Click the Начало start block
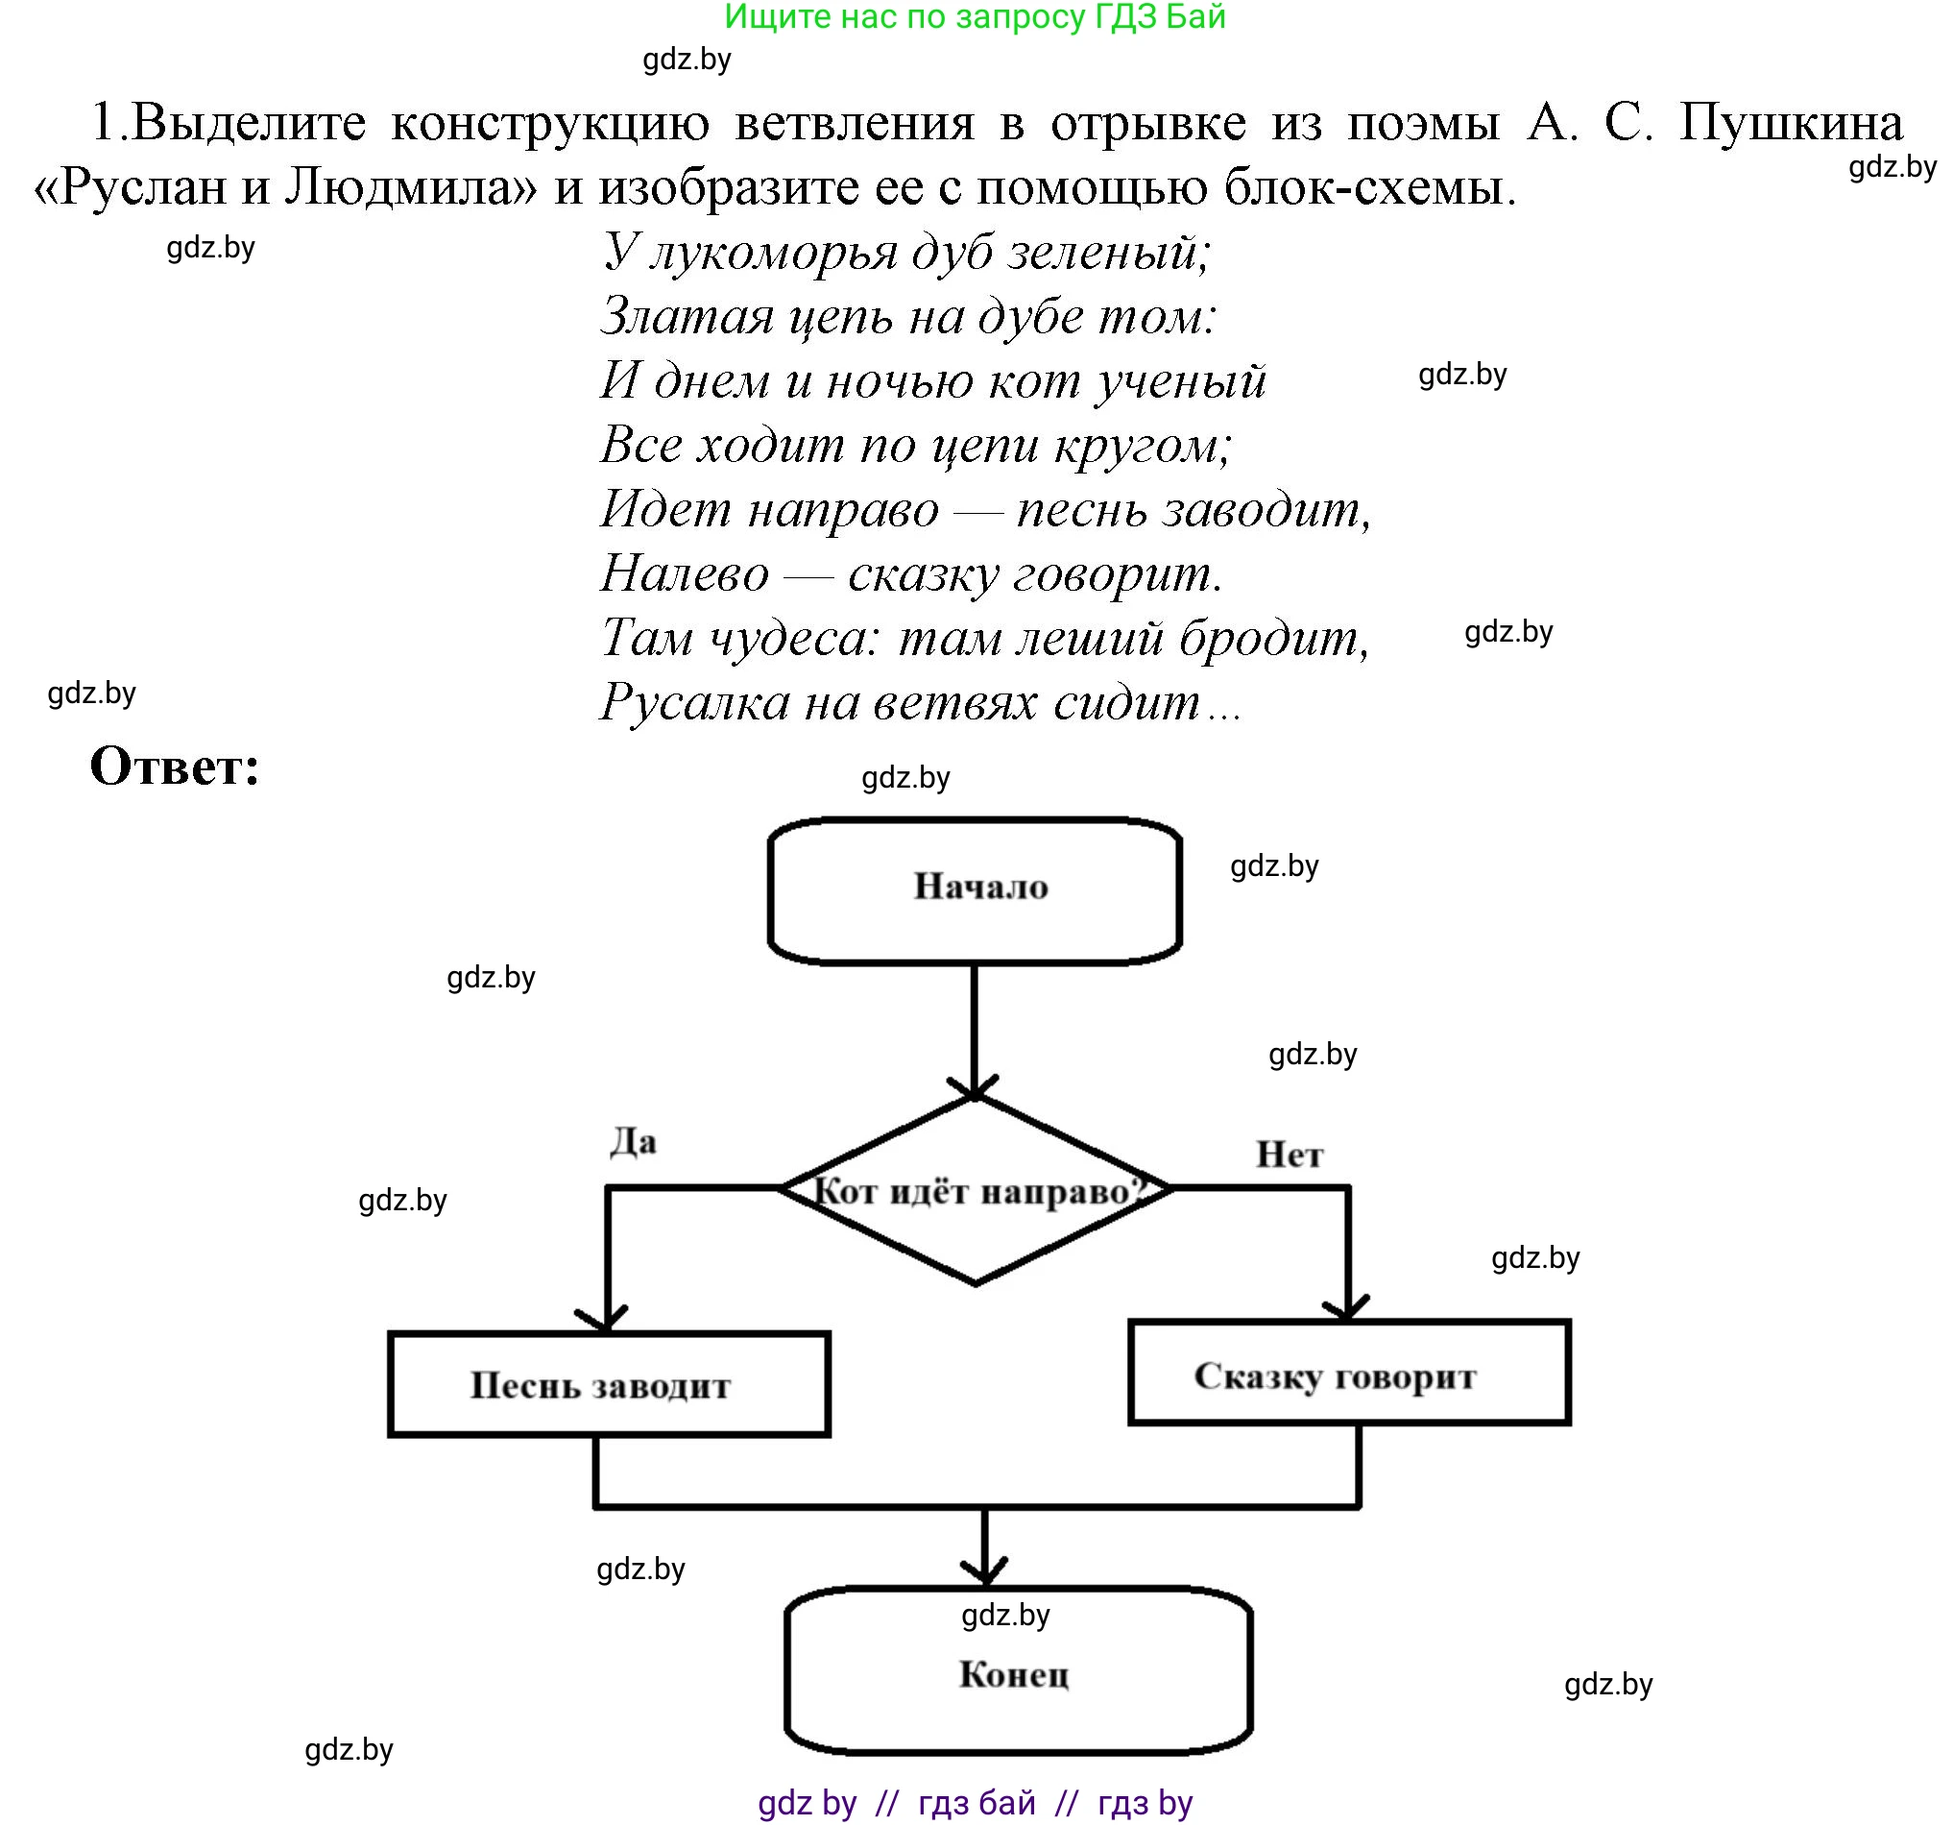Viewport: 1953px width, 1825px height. pos(975,889)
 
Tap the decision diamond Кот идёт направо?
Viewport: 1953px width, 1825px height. pos(975,1191)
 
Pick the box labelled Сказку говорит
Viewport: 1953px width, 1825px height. pos(1348,1373)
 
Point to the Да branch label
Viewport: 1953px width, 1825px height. pos(634,1142)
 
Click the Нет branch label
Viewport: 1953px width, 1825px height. pos(1289,1154)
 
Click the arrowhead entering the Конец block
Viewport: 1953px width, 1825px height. pos(984,1569)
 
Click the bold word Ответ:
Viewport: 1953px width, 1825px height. pos(175,766)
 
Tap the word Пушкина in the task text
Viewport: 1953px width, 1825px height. pos(1790,124)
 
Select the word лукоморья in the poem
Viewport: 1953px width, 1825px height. pos(772,253)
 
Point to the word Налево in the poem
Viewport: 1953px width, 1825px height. pos(684,574)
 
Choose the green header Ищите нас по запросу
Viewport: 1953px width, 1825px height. pos(975,16)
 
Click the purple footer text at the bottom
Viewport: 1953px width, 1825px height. pos(975,1802)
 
